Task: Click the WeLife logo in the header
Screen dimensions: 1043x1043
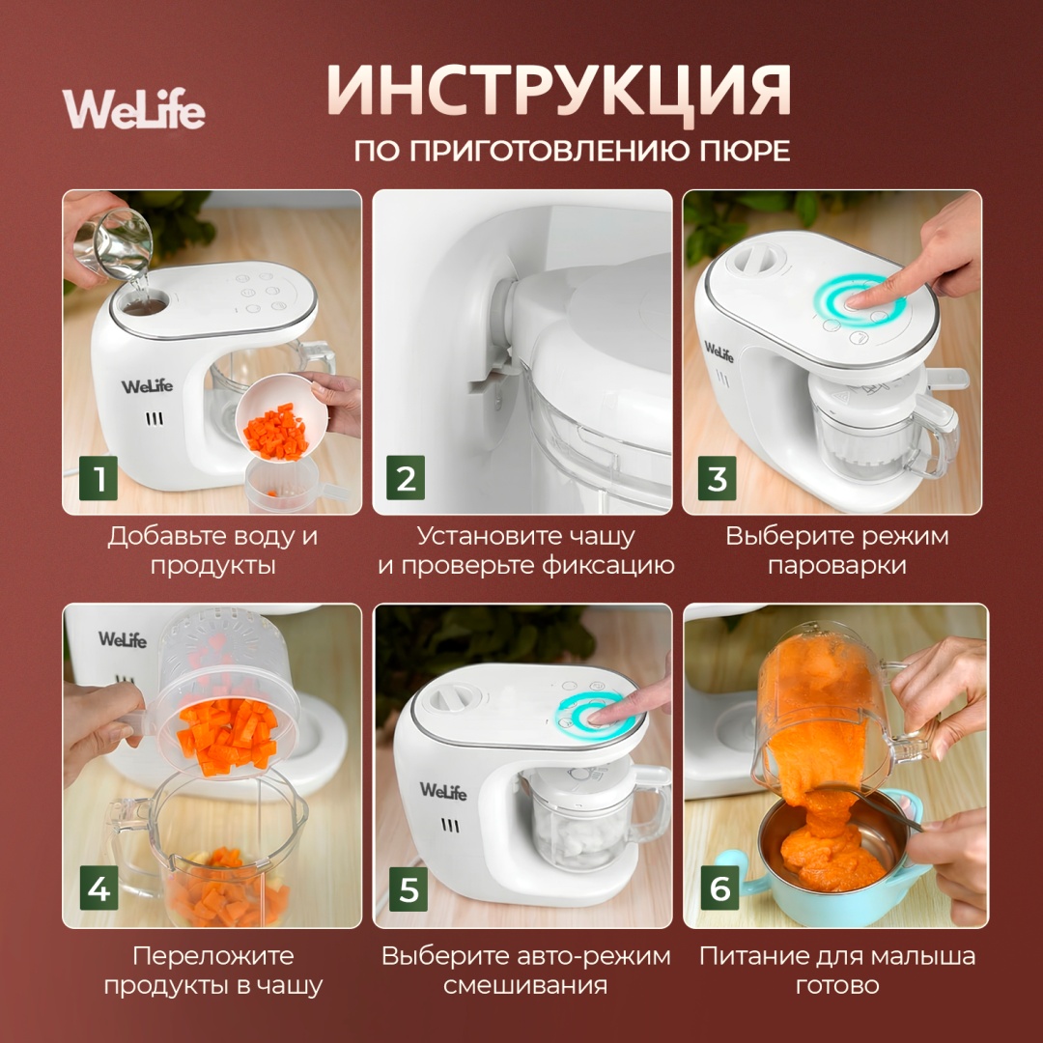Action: [133, 108]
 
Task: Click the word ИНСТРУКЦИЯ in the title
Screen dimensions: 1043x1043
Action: [559, 91]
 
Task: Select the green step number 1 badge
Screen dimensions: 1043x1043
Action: [99, 478]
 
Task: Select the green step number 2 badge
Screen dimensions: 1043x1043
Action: [406, 478]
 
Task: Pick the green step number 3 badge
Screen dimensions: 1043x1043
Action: [717, 478]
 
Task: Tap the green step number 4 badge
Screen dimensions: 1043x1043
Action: [99, 888]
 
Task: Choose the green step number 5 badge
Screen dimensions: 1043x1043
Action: [409, 888]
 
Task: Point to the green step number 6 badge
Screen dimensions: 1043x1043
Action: [719, 888]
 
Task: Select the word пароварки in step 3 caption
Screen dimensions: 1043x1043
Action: [836, 566]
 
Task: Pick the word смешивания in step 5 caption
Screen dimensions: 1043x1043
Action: [525, 985]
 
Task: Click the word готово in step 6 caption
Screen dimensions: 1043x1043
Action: [837, 985]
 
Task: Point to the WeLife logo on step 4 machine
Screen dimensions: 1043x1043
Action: [123, 639]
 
